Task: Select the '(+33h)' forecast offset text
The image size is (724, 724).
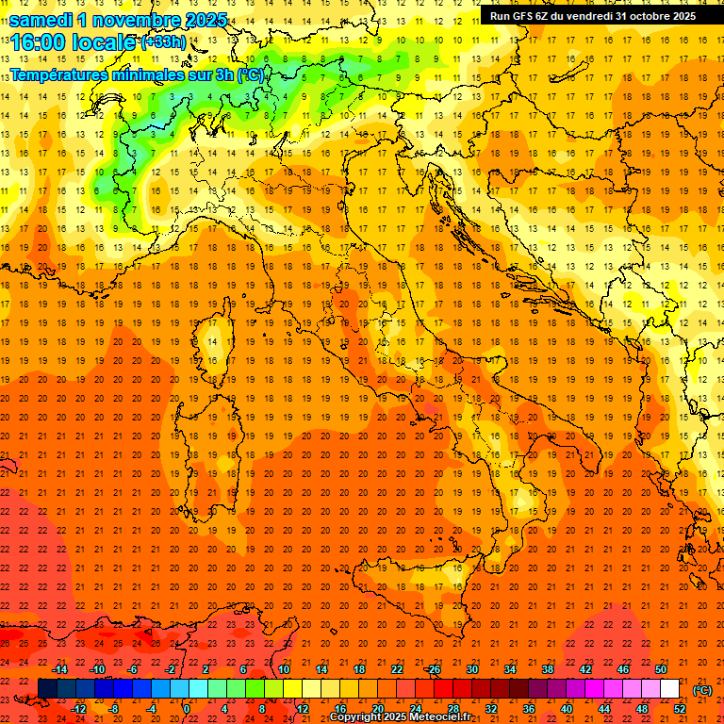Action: pos(163,42)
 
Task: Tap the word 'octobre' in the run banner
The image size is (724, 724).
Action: pos(643,16)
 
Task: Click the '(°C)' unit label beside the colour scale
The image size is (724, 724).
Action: pos(702,690)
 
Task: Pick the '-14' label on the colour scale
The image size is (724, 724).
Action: pos(60,669)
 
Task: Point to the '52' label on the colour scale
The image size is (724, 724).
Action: pos(680,709)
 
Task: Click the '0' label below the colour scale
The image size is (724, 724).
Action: pos(187,709)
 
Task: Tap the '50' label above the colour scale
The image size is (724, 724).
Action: pos(661,669)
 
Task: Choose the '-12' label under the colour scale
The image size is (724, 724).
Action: pos(79,709)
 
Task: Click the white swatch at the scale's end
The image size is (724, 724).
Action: pos(669,689)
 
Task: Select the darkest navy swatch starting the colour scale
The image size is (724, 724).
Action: pos(47,689)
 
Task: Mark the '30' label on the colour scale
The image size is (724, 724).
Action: pos(472,669)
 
